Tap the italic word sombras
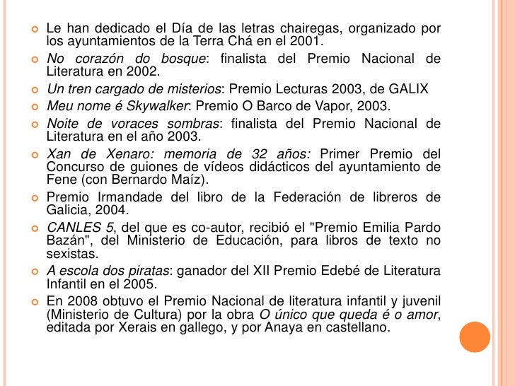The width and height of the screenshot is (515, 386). tap(192, 124)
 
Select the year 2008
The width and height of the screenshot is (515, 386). tap(79, 300)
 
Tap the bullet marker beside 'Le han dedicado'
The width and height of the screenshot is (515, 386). tap(33, 28)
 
